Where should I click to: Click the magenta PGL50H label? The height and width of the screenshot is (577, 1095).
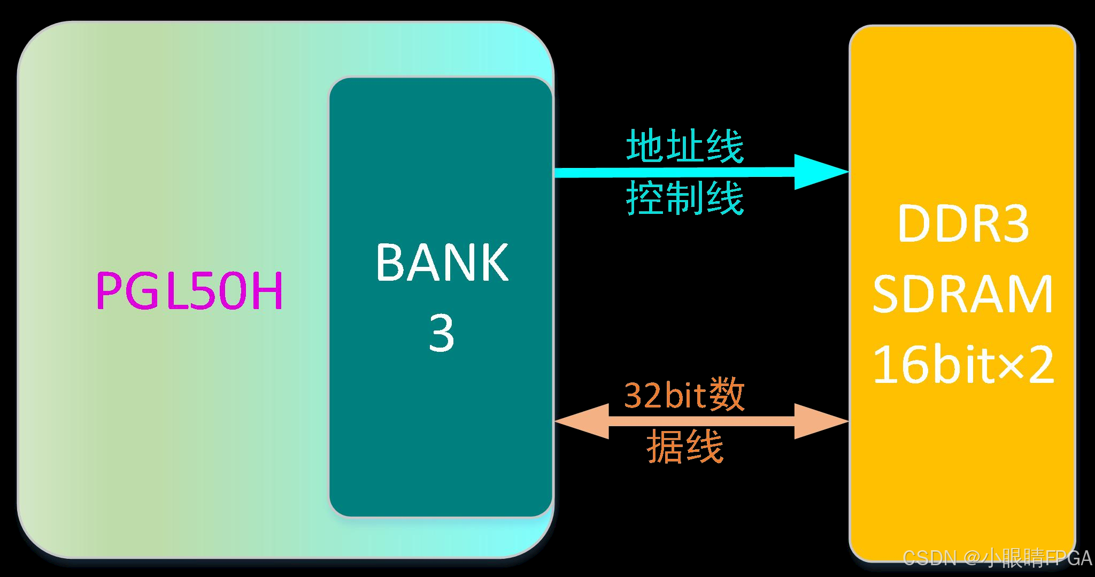(x=189, y=291)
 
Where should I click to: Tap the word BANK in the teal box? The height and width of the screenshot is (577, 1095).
(x=442, y=262)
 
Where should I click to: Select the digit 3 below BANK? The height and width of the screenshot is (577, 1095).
(x=441, y=333)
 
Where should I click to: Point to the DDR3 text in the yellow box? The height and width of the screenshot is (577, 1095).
(x=963, y=224)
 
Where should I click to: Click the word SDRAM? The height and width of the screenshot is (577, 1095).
(x=963, y=294)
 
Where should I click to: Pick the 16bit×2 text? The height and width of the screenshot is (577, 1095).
(x=963, y=365)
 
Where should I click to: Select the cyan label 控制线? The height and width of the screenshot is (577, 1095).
(x=685, y=198)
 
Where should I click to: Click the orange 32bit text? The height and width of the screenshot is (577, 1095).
(x=662, y=395)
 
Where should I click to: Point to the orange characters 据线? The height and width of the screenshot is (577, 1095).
(x=685, y=447)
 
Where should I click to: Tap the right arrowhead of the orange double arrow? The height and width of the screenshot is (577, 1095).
(x=821, y=421)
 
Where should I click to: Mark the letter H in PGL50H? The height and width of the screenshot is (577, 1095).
(x=268, y=291)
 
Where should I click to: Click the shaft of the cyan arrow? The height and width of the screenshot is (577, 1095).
(x=674, y=172)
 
